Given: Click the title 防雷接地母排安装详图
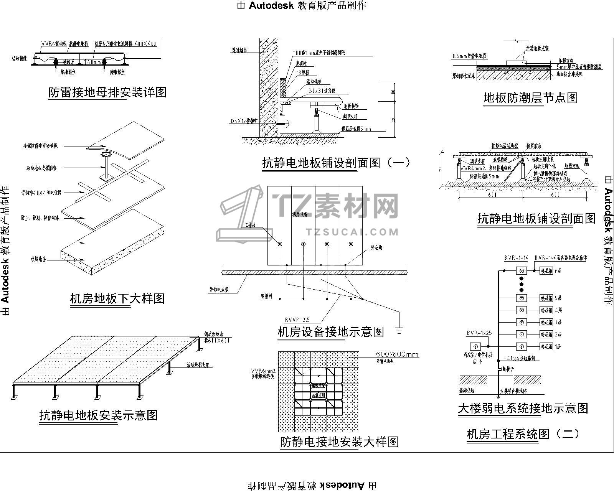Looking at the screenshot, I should [107, 92].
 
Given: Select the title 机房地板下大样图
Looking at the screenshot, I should [117, 298].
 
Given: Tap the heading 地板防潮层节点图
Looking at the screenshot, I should [531, 98].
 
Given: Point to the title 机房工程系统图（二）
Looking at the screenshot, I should [523, 434].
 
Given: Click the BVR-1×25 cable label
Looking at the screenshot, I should [479, 333].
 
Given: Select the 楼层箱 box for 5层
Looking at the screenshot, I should [546, 298].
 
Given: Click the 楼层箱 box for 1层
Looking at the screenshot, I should [546, 346].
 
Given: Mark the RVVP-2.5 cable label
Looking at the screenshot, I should [297, 320].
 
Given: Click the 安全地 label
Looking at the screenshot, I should [376, 248].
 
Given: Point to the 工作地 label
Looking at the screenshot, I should [250, 225].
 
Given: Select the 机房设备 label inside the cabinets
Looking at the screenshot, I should [300, 214].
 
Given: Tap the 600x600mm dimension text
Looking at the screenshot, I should [397, 354].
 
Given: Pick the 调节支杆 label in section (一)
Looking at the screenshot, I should [350, 117].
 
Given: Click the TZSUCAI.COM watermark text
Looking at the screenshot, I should [353, 232].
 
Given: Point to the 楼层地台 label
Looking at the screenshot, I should [38, 259].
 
